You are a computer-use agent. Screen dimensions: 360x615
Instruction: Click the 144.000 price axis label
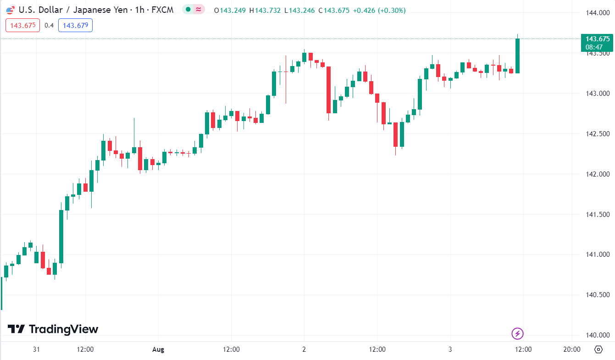[598, 13]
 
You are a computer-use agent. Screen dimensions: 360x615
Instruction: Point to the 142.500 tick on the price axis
[598, 134]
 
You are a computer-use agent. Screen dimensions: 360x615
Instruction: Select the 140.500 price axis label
[598, 295]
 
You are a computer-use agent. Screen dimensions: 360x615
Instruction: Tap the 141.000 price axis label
[598, 255]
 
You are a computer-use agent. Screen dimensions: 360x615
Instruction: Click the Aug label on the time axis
[158, 349]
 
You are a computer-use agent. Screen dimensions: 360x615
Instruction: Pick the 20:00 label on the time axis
[571, 349]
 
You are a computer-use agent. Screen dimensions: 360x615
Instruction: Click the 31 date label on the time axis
[37, 349]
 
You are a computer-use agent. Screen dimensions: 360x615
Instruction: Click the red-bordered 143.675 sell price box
[23, 25]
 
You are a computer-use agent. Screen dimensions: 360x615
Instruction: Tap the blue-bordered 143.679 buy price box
[75, 25]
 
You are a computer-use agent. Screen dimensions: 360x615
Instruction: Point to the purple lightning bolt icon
[517, 333]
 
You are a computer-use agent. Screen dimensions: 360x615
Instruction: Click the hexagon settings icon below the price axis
[598, 349]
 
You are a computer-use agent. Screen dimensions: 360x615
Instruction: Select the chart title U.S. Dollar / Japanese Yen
[73, 10]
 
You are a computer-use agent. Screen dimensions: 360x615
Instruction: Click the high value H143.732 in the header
[265, 10]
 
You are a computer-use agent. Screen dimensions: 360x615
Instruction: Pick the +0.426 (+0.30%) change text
[379, 10]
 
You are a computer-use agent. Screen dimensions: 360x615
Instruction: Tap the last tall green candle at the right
[517, 55]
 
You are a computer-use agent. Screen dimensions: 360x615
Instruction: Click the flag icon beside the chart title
[11, 10]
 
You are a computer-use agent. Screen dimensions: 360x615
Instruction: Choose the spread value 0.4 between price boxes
[49, 25]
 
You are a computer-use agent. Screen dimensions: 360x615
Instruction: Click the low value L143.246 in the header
[299, 10]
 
